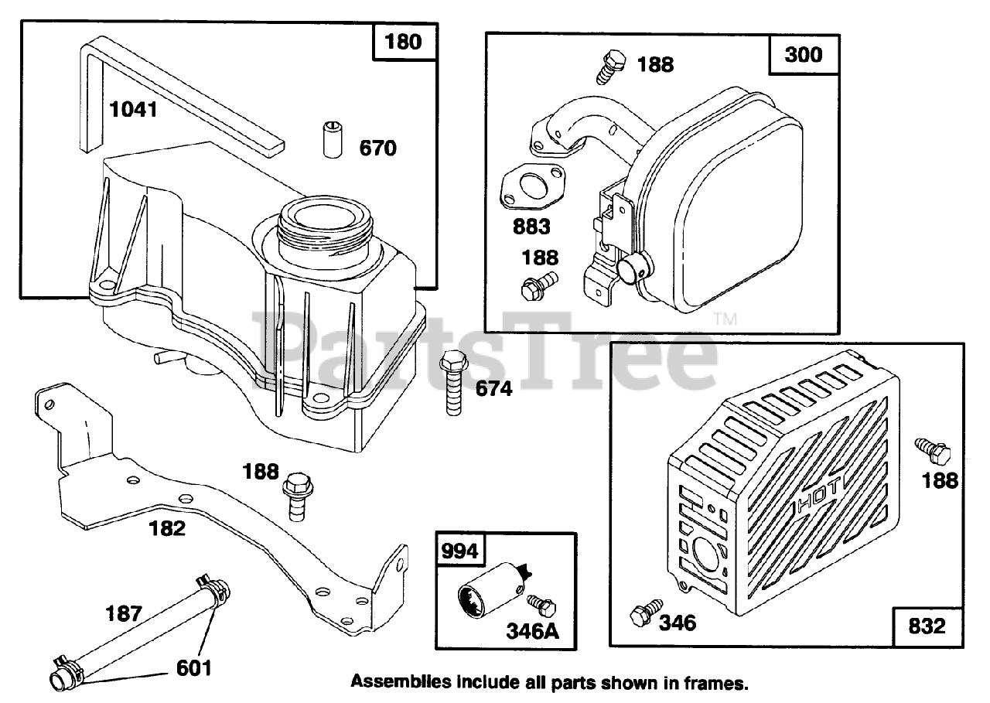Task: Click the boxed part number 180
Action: click(x=404, y=41)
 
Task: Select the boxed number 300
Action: click(x=803, y=54)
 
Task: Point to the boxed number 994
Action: click(x=460, y=551)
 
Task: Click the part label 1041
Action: click(x=132, y=110)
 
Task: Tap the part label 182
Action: click(x=167, y=528)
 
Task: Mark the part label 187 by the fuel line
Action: click(x=124, y=615)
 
